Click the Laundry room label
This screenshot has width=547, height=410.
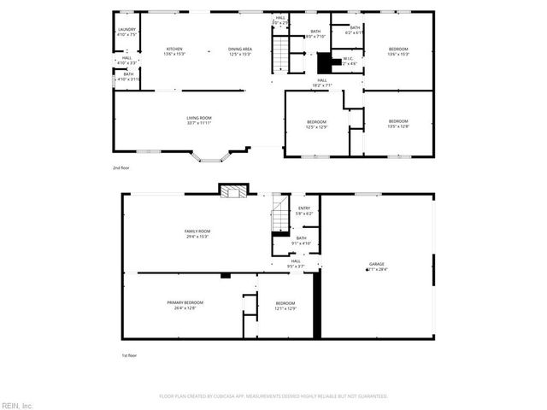point(126,32)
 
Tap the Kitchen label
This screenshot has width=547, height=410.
point(175,51)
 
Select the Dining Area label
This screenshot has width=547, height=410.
point(239,51)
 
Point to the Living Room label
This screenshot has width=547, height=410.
point(199,120)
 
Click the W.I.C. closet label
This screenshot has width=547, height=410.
point(349,61)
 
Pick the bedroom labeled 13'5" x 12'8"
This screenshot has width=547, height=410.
point(398,124)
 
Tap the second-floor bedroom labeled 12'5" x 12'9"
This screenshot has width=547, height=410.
point(316,125)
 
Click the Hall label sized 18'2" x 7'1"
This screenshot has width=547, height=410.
point(322,82)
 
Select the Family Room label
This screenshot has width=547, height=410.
point(197,233)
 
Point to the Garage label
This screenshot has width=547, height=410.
point(377,266)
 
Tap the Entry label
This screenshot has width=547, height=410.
point(304,210)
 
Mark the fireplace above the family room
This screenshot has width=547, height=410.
point(232,192)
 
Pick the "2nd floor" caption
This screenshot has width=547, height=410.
point(121,168)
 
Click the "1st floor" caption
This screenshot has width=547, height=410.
point(129,354)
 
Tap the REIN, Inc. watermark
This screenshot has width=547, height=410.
point(17,404)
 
